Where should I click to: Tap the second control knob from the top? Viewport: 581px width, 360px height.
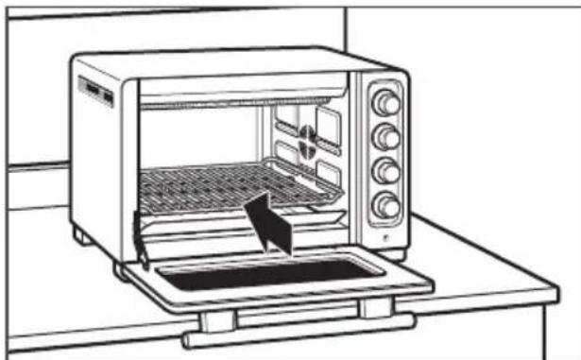coord(385,137)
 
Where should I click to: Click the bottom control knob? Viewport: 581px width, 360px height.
coord(385,204)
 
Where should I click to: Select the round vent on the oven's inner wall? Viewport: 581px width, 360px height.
coord(307,140)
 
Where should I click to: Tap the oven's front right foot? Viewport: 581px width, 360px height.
coord(395,254)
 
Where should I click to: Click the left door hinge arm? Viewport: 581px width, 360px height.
coord(138,241)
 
